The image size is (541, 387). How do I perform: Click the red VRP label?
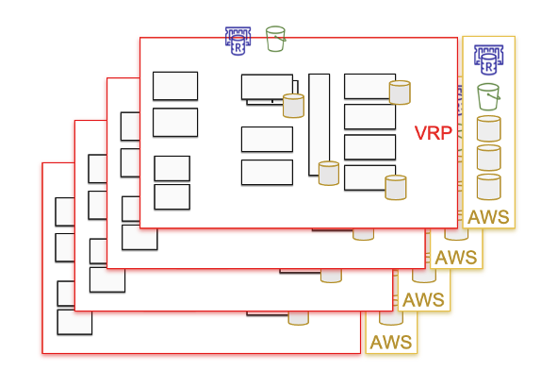click(433, 133)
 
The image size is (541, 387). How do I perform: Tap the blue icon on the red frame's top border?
click(238, 41)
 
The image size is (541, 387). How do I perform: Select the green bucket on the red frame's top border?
click(275, 39)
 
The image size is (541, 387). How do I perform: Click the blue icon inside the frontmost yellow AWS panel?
click(488, 59)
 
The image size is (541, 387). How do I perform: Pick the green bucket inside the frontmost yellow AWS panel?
click(488, 96)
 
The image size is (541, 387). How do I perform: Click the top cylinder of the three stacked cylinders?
click(488, 128)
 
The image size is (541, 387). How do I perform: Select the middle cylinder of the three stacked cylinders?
click(488, 158)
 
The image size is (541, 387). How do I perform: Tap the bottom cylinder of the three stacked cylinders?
click(488, 187)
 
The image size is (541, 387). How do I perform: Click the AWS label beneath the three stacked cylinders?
click(488, 217)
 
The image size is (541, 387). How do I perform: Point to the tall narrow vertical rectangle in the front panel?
click(320, 125)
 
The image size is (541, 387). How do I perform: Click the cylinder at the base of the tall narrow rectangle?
click(329, 173)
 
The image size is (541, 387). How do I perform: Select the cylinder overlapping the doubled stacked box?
click(294, 106)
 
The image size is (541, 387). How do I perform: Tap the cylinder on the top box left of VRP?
click(400, 93)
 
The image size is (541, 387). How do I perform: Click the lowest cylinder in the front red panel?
click(396, 188)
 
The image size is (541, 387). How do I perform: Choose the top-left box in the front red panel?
click(175, 86)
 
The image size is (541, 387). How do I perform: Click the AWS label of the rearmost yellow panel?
click(391, 342)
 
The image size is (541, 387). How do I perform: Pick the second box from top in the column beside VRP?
click(369, 117)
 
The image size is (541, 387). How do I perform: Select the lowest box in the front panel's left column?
click(172, 197)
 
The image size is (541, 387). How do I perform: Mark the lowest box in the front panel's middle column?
click(267, 173)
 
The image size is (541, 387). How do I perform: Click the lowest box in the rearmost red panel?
click(74, 322)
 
